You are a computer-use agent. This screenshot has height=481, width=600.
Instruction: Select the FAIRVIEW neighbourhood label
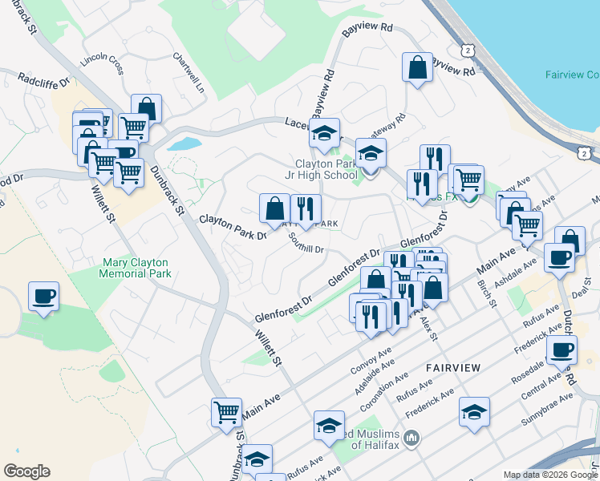tap(453, 367)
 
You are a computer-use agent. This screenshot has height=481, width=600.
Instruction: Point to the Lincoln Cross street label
tap(101, 62)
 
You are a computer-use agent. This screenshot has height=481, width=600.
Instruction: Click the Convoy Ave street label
tap(371, 362)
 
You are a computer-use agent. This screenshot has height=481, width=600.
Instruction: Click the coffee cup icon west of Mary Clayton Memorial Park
tap(44, 296)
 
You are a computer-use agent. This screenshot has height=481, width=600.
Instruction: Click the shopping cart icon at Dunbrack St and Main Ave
tap(227, 413)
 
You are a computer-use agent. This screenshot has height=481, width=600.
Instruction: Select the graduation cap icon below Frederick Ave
tap(475, 412)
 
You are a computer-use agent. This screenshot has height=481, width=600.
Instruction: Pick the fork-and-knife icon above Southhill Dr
tap(306, 209)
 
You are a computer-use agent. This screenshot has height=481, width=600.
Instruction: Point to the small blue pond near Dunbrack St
tap(184, 144)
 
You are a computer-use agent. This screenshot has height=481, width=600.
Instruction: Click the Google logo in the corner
tap(26, 471)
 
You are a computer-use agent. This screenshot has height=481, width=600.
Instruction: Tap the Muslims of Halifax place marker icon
tap(412, 437)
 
